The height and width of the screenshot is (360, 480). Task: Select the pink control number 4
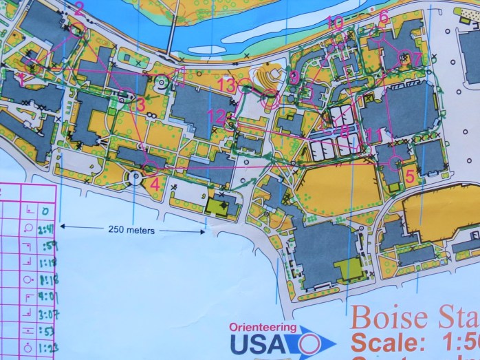(x=155, y=184)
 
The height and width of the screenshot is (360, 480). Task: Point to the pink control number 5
(x=410, y=176)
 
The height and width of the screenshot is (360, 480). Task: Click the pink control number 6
(x=384, y=16)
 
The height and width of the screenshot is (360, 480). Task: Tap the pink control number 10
(x=336, y=22)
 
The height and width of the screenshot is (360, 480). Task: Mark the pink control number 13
(x=226, y=85)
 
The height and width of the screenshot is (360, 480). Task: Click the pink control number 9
(x=294, y=77)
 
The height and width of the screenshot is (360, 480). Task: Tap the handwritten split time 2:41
(x=46, y=229)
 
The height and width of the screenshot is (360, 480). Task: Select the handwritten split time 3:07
(x=47, y=313)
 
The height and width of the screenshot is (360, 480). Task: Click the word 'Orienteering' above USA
(x=264, y=328)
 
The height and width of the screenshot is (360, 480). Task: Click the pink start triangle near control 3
(x=126, y=105)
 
